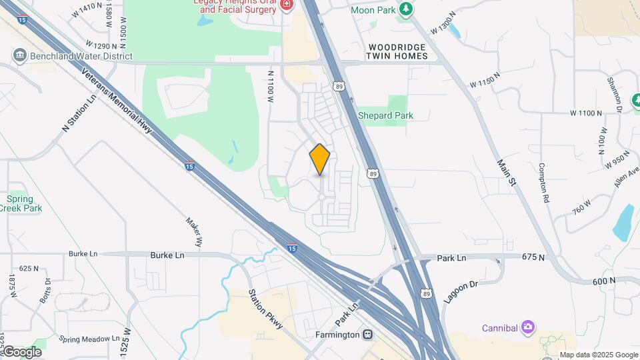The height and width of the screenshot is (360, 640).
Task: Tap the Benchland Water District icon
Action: pos(19,55)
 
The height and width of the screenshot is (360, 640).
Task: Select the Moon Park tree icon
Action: pos(405,9)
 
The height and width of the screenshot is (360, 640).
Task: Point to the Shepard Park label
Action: pos(385,115)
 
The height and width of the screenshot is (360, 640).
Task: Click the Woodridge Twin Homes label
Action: pos(396,51)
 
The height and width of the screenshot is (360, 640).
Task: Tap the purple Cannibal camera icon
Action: pos(528,327)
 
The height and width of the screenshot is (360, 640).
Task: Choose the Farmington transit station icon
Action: pos(367,334)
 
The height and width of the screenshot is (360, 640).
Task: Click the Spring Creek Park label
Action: pos(24,203)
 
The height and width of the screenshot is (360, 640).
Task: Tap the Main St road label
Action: pos(507,172)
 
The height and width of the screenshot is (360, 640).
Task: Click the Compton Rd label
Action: pos(544,183)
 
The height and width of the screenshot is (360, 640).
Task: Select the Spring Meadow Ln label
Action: pos(89,339)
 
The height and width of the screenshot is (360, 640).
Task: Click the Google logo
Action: pos(22,352)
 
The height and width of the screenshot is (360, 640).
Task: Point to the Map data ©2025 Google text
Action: pos(598,355)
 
